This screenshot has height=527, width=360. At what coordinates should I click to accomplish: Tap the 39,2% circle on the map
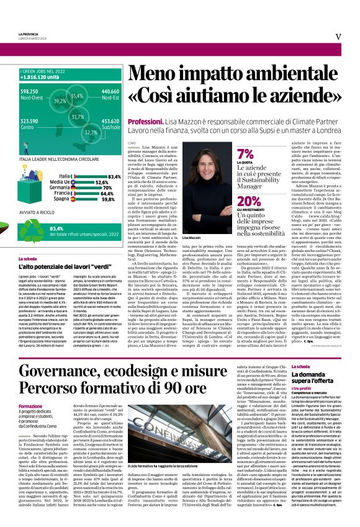click(x=60, y=101)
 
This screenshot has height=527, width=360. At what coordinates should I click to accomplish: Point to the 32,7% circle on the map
click(x=91, y=132)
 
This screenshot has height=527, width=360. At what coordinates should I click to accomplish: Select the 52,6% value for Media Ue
click(x=103, y=182)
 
